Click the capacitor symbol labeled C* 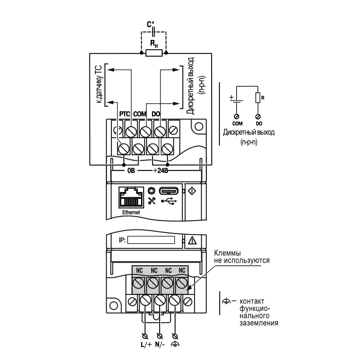[x=154, y=32]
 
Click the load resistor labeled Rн [x=154, y=53]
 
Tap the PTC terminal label [x=125, y=114]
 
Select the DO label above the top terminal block [x=156, y=114]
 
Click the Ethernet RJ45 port [x=131, y=197]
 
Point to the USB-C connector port [x=168, y=191]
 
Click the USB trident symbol [x=169, y=201]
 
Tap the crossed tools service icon [x=152, y=201]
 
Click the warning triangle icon [x=192, y=240]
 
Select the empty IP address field [x=151, y=240]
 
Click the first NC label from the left [x=139, y=271]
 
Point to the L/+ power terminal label [x=146, y=344]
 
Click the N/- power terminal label [x=160, y=344]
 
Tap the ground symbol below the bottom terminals [x=175, y=344]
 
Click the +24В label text [x=160, y=171]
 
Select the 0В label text [x=131, y=171]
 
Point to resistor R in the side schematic [x=258, y=98]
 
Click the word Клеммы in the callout [x=227, y=253]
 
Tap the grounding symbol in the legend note [x=226, y=301]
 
